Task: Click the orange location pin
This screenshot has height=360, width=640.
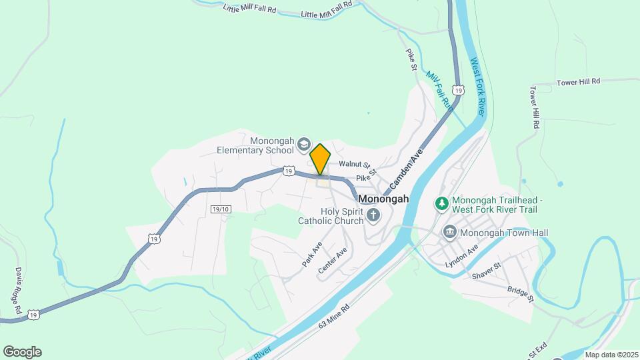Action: (x=321, y=159)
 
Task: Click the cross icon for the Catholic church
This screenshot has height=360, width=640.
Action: (x=373, y=216)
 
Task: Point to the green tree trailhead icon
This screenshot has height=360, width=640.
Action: (x=441, y=203)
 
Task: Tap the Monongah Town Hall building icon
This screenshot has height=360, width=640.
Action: (x=450, y=232)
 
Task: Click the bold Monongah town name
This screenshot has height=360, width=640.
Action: (x=383, y=199)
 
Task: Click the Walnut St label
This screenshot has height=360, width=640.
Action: (x=354, y=164)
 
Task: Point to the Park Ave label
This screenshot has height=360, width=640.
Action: (x=312, y=254)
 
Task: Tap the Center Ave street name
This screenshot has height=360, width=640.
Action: (x=333, y=261)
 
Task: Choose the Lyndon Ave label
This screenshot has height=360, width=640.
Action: (x=462, y=257)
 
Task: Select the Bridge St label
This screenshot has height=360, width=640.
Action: (x=521, y=294)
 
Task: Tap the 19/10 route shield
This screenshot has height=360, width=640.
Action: (x=221, y=209)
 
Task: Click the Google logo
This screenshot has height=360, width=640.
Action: (x=22, y=352)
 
